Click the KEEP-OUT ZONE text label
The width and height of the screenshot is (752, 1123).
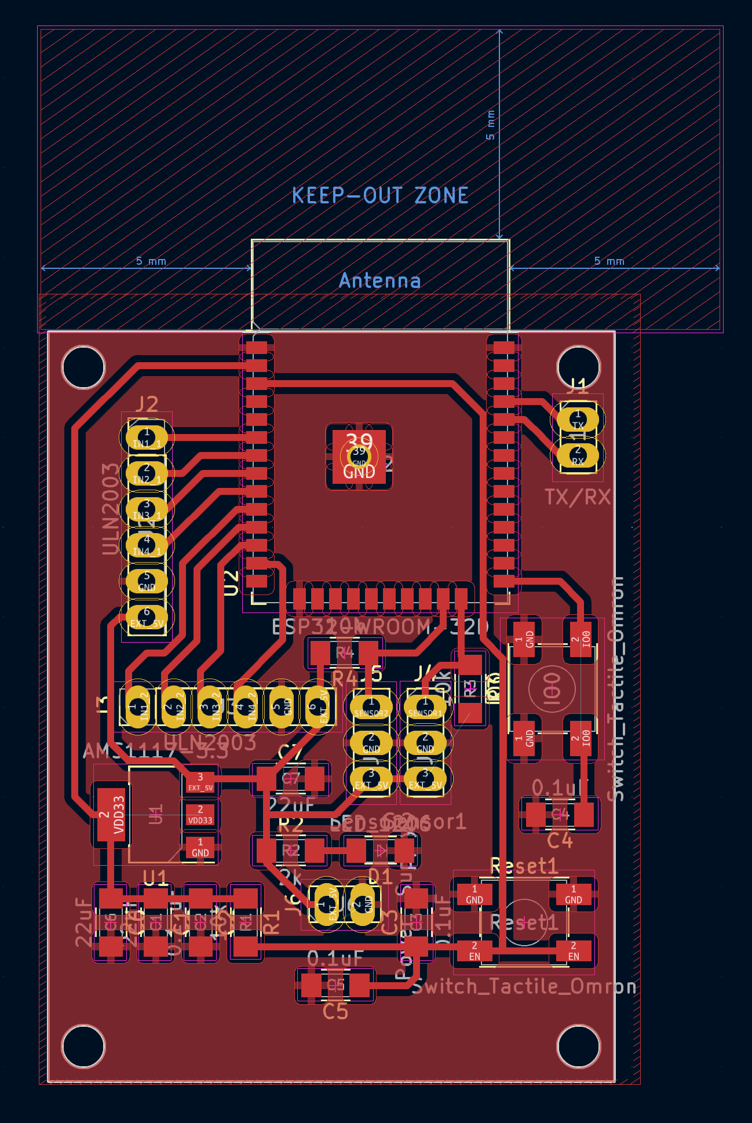click(x=380, y=195)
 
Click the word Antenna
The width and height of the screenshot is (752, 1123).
click(x=380, y=281)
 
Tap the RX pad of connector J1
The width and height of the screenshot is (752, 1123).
click(x=578, y=455)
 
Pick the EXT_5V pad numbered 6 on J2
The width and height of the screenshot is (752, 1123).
click(x=147, y=618)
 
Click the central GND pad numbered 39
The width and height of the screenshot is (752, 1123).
click(x=359, y=457)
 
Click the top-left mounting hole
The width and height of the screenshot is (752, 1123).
click(x=83, y=367)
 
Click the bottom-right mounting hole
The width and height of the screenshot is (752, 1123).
click(x=578, y=1045)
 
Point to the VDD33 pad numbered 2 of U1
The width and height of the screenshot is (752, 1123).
click(x=111, y=814)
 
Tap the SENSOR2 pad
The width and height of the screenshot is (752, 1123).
click(x=371, y=707)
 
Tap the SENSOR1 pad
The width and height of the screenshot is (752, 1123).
click(x=425, y=707)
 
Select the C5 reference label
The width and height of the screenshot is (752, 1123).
click(x=335, y=1012)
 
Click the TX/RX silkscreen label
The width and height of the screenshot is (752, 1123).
click(x=578, y=497)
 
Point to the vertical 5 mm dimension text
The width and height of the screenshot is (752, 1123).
click(x=491, y=125)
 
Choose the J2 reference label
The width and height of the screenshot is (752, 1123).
click(x=147, y=404)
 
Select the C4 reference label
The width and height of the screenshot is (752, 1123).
click(x=560, y=840)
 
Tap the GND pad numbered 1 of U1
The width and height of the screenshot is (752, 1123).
click(x=200, y=847)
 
